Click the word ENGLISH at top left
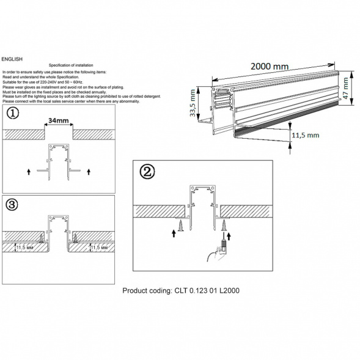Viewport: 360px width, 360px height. (12, 59)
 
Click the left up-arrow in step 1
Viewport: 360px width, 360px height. (29, 171)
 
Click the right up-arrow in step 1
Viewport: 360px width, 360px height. (89, 171)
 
